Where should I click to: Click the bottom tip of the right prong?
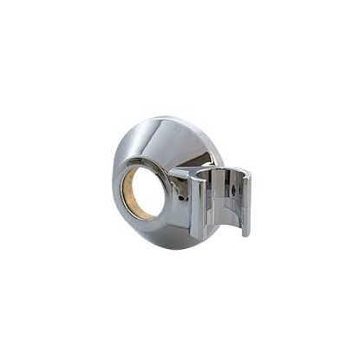[x=246, y=233]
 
